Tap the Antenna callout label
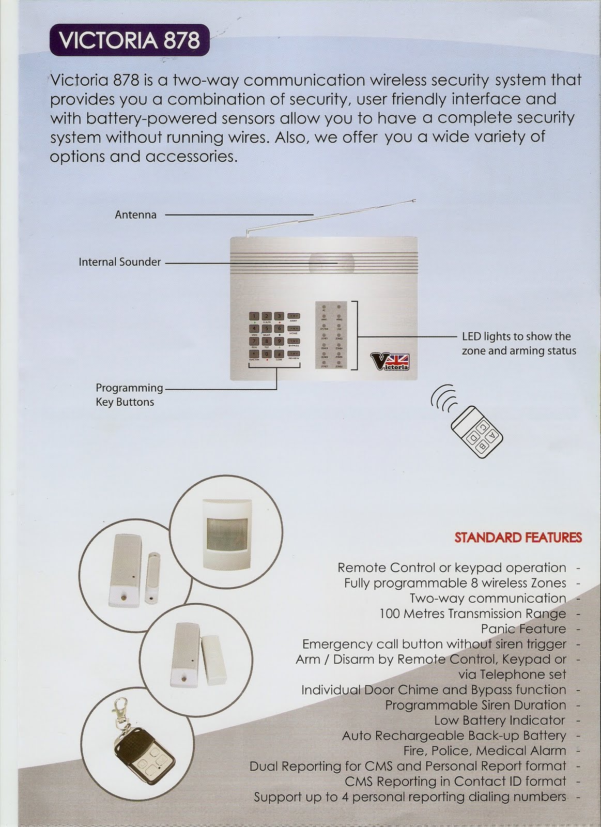tap(135, 215)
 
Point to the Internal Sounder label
tap(119, 262)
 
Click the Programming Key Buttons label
tap(129, 394)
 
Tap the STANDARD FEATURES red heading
tap(518, 537)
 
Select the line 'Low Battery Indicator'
tap(499, 720)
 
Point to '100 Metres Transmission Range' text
tap(472, 614)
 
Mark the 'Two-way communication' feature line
tap(487, 599)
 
